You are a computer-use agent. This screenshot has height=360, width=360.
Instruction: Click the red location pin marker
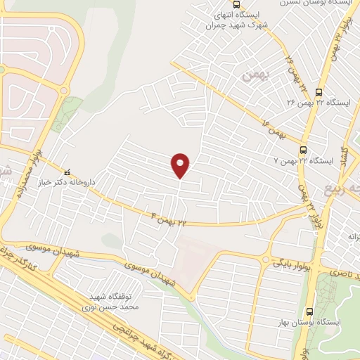coord(181,165)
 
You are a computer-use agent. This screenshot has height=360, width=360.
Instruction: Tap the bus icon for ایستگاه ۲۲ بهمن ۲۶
coord(319,92)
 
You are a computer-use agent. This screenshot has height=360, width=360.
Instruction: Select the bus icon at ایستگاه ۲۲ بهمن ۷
coord(303,150)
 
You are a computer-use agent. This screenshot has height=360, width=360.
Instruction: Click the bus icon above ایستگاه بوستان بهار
coord(310,311)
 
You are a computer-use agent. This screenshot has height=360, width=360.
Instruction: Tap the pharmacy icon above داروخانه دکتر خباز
coord(67,171)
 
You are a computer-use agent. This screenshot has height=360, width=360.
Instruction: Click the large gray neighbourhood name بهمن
coord(249,75)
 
